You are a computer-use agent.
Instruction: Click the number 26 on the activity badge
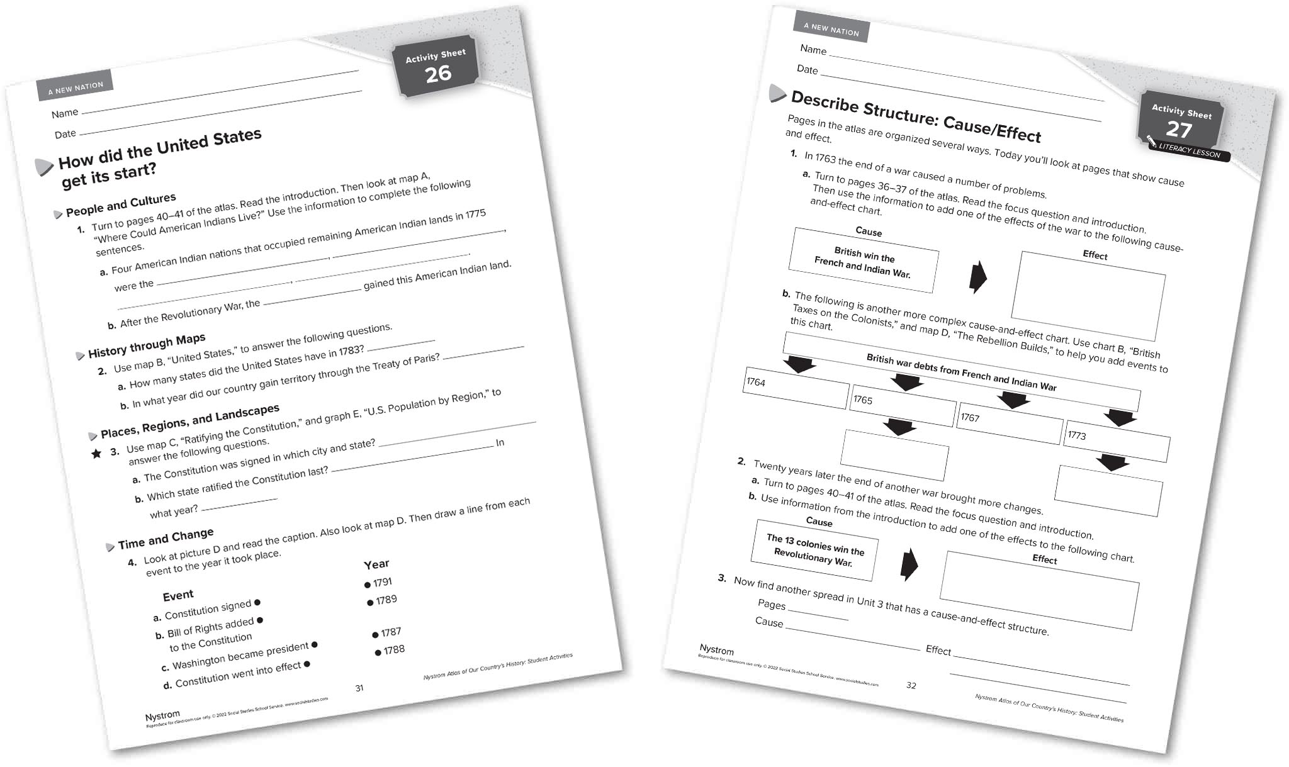click(x=438, y=74)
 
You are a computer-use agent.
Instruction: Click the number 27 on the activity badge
click(x=1179, y=130)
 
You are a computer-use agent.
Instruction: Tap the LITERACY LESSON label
click(x=1189, y=151)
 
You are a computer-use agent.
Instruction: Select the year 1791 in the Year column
click(x=381, y=583)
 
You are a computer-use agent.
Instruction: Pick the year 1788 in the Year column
click(x=393, y=650)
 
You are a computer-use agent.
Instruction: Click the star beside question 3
click(x=96, y=454)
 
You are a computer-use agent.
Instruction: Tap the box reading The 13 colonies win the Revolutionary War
click(x=814, y=550)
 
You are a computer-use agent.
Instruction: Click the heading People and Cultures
click(x=121, y=204)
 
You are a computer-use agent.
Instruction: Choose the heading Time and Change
click(x=166, y=538)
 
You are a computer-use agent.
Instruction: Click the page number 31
click(x=359, y=688)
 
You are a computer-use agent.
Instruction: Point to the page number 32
click(x=911, y=685)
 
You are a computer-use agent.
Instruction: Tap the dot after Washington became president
click(x=315, y=644)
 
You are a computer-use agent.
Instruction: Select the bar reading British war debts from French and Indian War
click(x=961, y=372)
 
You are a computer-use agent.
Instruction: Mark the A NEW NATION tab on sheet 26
click(x=76, y=88)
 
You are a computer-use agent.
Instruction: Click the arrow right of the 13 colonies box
click(x=909, y=564)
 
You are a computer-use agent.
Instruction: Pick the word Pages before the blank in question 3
click(x=772, y=605)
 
